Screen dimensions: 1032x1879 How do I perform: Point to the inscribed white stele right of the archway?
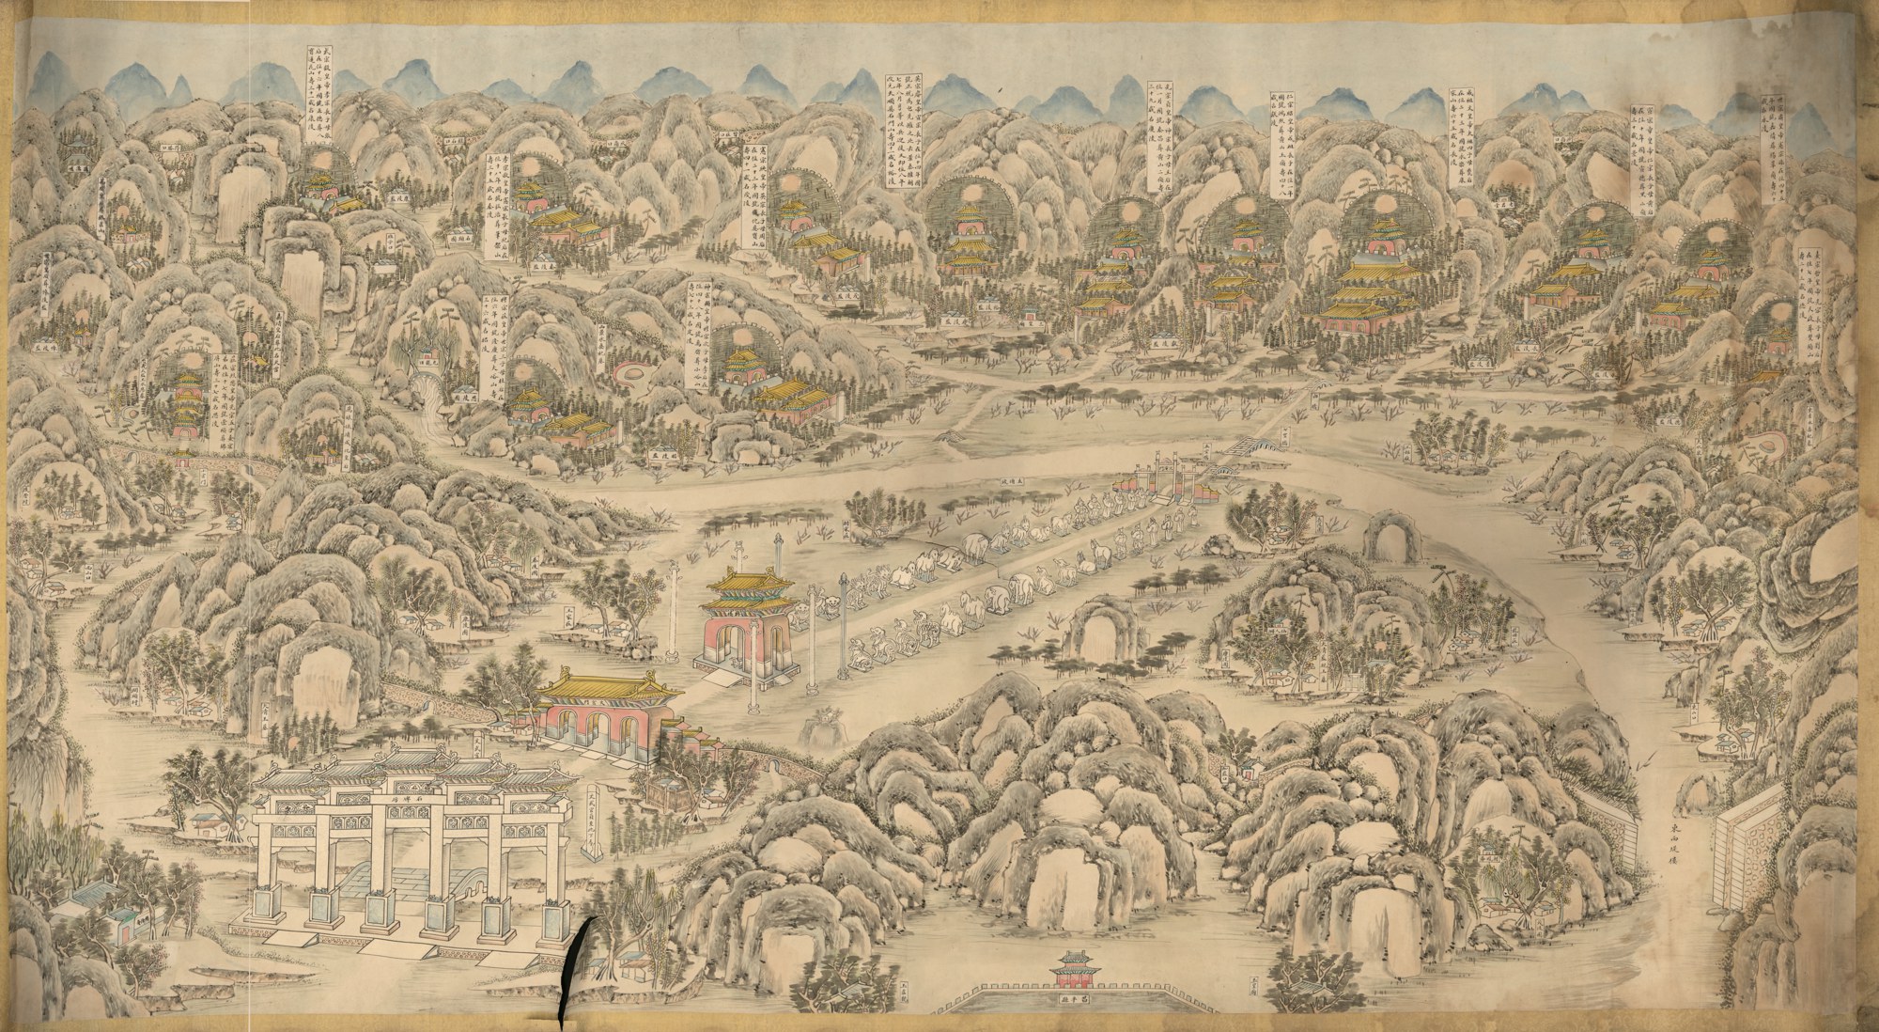(590, 827)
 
